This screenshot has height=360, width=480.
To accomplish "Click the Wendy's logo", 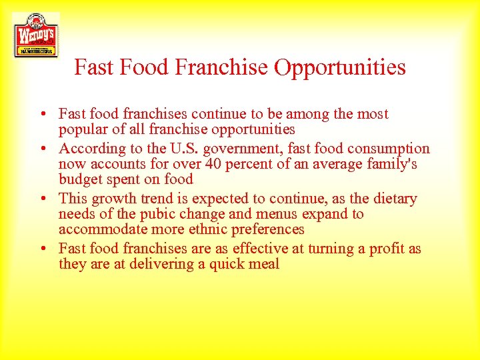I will pyautogui.click(x=35, y=35).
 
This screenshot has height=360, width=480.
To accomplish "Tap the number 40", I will pyautogui.click(x=213, y=164).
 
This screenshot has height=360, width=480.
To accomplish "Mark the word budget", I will pyautogui.click(x=80, y=179).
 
